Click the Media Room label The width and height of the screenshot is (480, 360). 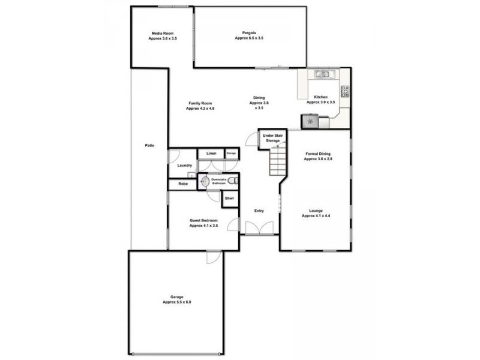click(163, 35)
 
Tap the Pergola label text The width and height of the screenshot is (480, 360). click(248, 35)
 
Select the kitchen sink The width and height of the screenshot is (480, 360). click(323, 75)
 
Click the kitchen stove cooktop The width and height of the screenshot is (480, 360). click(345, 92)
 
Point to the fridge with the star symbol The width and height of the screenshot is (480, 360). click(310, 122)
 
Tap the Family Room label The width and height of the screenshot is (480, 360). click(200, 106)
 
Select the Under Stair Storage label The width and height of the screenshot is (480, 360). click(273, 139)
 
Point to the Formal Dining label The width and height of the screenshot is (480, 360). click(318, 157)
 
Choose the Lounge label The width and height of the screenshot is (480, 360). click(316, 213)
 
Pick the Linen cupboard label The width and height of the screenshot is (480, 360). click(211, 154)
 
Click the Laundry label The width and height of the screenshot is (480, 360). click(184, 165)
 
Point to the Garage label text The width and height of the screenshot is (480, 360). click(176, 299)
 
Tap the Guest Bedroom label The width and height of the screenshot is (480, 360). click(203, 223)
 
